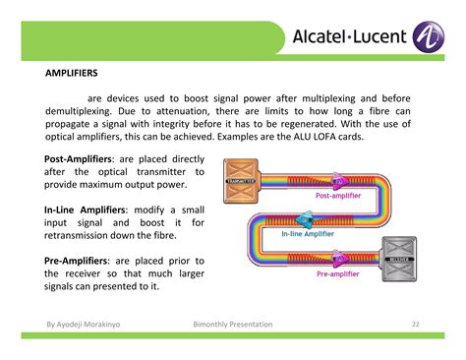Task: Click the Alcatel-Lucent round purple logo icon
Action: point(431,38)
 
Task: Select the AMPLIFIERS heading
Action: point(72,73)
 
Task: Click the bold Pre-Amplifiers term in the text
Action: point(78,261)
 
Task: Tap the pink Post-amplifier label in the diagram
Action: point(337,197)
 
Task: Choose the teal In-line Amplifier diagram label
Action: point(314,234)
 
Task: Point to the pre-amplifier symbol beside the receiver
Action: point(338,259)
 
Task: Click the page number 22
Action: point(415,323)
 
